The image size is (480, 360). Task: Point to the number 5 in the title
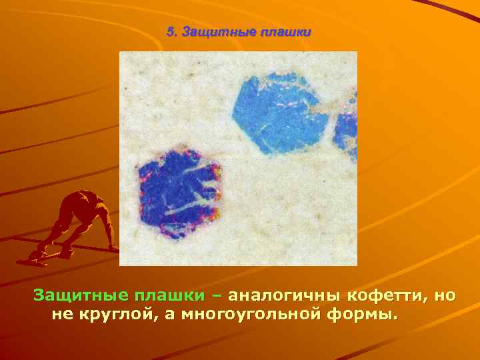pos(170,32)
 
